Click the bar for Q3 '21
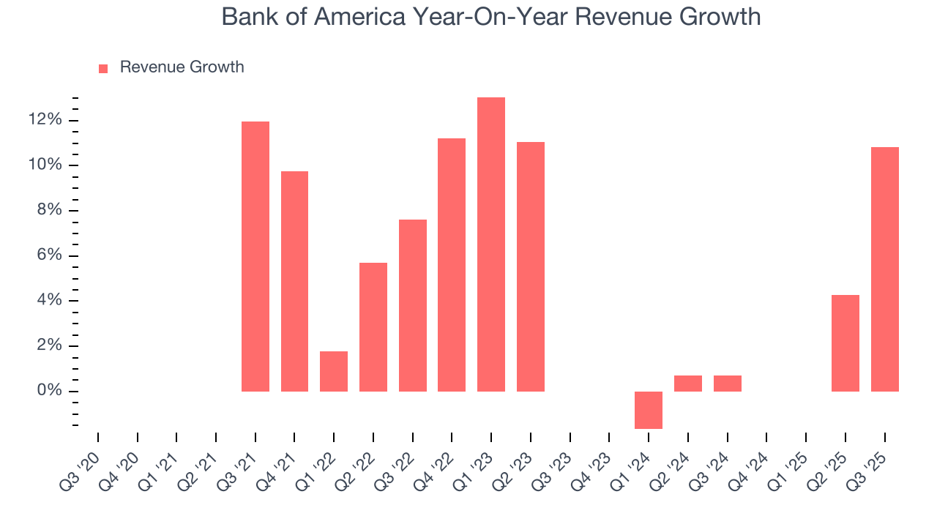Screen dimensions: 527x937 tap(255, 256)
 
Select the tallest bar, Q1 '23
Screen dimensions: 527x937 tap(491, 244)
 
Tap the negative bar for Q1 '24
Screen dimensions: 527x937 tap(649, 410)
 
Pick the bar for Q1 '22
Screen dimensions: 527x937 tap(334, 371)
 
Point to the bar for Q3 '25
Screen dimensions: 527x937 tap(884, 269)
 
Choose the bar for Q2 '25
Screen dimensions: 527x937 tap(845, 343)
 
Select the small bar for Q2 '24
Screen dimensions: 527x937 tap(688, 384)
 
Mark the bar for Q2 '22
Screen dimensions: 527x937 tap(373, 327)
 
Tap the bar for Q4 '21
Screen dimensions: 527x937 tap(294, 281)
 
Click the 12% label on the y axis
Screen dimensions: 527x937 tap(46, 120)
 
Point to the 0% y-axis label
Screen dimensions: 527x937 tap(50, 391)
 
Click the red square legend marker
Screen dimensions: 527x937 tap(103, 68)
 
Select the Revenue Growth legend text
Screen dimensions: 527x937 tap(182, 67)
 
